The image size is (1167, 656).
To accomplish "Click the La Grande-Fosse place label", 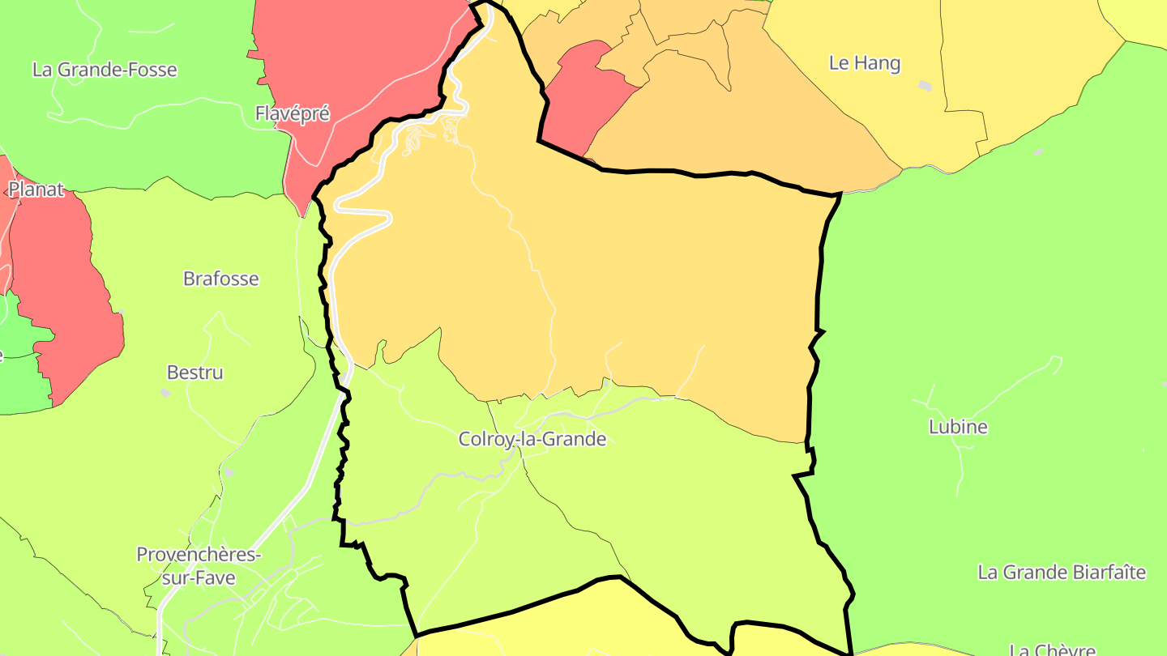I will pyautogui.click(x=105, y=70).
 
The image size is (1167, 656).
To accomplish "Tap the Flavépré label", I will pyautogui.click(x=293, y=113).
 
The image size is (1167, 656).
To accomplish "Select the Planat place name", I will pyautogui.click(x=36, y=190).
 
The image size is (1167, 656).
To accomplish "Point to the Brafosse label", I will pyautogui.click(x=221, y=279).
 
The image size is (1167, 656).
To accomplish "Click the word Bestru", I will pyautogui.click(x=194, y=373).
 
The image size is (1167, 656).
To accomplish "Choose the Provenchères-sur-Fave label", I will pyautogui.click(x=199, y=566).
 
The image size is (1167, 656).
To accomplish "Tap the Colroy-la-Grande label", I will pyautogui.click(x=532, y=439).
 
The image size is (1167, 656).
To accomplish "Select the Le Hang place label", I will pyautogui.click(x=865, y=63).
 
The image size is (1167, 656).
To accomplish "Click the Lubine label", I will pyautogui.click(x=958, y=427).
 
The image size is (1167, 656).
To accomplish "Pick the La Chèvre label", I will pyautogui.click(x=1052, y=650).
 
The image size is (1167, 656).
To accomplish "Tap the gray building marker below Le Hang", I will pyautogui.click(x=925, y=86).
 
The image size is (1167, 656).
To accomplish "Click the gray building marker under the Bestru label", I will pyautogui.click(x=165, y=393).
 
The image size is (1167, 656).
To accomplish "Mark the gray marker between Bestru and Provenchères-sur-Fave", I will pyautogui.click(x=229, y=471).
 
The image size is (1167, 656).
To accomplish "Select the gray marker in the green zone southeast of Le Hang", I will pyautogui.click(x=1038, y=151).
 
